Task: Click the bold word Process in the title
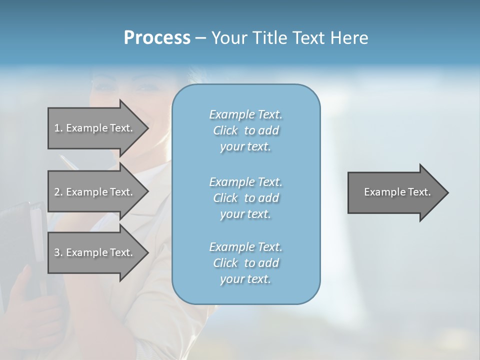click(x=157, y=38)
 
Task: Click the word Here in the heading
click(x=349, y=38)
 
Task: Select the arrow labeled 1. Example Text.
click(x=95, y=128)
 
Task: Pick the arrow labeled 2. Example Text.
click(x=95, y=192)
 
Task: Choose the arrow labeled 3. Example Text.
click(x=95, y=252)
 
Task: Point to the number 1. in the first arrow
click(x=58, y=128)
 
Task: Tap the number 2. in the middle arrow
click(x=58, y=192)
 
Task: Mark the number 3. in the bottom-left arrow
click(x=58, y=252)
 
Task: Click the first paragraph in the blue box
click(x=245, y=130)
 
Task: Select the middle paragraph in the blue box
click(x=245, y=197)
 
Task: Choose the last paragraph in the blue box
click(x=245, y=262)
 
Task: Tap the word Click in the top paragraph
click(x=225, y=130)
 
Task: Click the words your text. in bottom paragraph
click(x=245, y=279)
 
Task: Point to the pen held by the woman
click(x=67, y=163)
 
